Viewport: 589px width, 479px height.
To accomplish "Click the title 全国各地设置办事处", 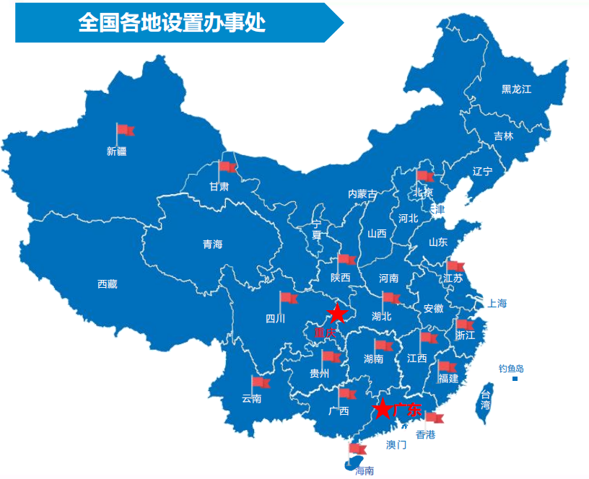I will (x=172, y=23).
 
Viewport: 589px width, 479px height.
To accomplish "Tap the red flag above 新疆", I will (x=125, y=131).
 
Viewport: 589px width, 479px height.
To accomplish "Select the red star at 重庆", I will (x=336, y=314).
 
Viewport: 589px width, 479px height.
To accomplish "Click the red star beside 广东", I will (x=383, y=410).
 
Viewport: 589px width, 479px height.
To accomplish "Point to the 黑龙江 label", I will (x=516, y=89).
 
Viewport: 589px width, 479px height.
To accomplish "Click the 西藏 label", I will (x=107, y=284).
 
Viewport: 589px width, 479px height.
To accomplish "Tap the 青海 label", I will (x=212, y=245).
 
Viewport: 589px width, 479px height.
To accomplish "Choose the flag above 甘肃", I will (x=227, y=167).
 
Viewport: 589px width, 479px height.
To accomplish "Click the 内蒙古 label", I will (x=362, y=194).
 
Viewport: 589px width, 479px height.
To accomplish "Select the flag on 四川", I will (x=288, y=298).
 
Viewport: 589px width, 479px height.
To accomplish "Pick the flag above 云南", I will (x=259, y=382).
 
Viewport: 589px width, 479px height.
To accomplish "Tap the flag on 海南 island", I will (x=357, y=449).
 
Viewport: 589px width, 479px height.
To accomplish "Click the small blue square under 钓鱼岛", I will (x=515, y=379).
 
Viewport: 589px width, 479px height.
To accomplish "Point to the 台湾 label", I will (x=486, y=400).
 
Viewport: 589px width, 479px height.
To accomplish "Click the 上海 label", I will (x=497, y=304).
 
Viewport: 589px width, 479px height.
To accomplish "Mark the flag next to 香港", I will (x=434, y=417).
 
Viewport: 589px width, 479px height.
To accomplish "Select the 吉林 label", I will (x=504, y=136).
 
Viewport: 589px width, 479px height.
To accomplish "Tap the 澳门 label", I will (x=396, y=444).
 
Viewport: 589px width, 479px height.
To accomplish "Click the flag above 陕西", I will (x=346, y=260).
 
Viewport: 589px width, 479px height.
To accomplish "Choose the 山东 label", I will (x=438, y=242).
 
